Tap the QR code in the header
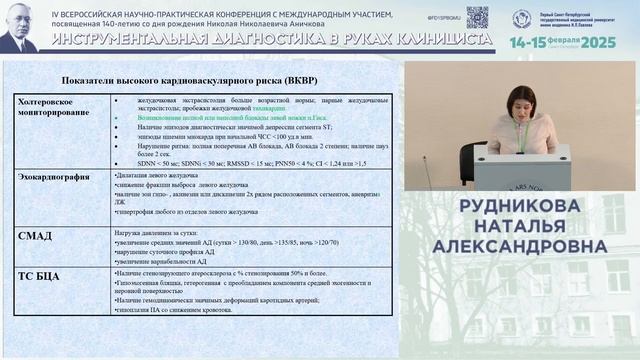pos(477,16)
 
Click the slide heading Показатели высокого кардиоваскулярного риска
pos(199,80)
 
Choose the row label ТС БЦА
pos(38,276)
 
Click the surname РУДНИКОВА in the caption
pos(518,206)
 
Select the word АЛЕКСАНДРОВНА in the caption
pos(517,248)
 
